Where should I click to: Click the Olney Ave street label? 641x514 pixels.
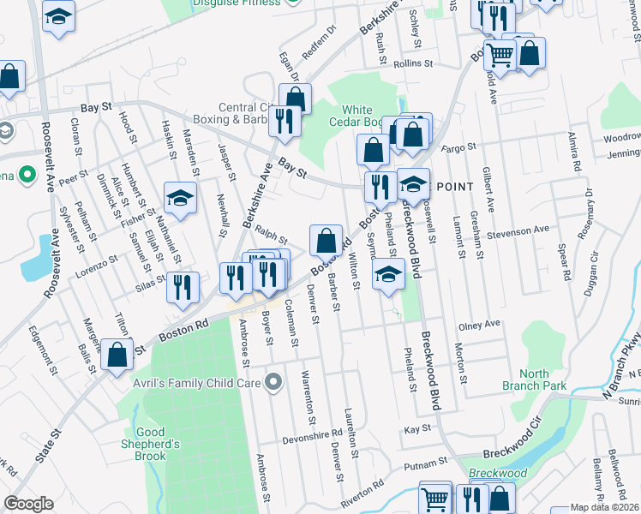[479, 326]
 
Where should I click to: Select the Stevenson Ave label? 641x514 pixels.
[517, 230]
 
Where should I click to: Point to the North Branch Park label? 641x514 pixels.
[545, 380]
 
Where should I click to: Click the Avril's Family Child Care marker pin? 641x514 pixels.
[274, 381]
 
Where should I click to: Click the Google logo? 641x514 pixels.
[28, 504]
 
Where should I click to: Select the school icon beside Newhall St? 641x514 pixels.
[180, 199]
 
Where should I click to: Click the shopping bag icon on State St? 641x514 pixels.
[117, 352]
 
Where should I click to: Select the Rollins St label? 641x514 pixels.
[415, 63]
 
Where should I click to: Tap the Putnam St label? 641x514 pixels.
[422, 464]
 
